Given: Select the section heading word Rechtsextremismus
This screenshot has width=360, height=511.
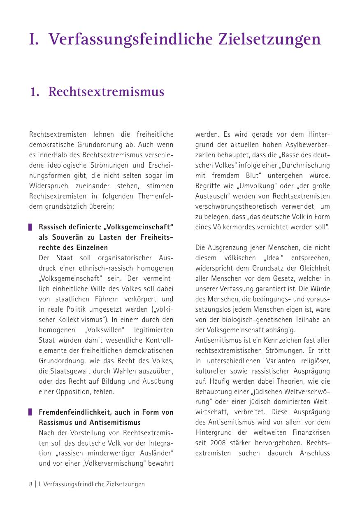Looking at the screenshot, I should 106,92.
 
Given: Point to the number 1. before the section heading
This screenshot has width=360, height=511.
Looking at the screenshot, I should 35,92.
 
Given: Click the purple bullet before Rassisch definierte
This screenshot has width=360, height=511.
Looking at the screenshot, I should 30,227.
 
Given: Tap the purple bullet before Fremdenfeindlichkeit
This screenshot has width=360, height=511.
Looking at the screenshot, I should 30,412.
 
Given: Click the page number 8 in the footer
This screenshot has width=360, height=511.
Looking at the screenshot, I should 30,484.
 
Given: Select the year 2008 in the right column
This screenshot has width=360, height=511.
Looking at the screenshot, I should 217,443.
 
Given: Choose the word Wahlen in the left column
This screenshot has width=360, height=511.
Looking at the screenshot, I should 126,371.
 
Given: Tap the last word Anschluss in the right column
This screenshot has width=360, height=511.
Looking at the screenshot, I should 315,453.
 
